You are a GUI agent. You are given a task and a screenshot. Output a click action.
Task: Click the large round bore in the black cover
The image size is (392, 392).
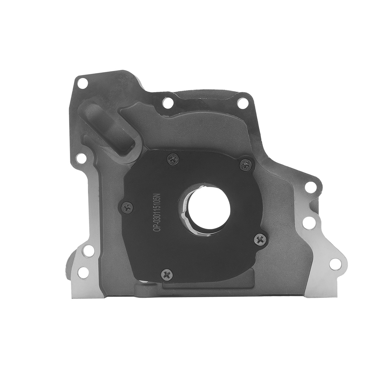point(209,207)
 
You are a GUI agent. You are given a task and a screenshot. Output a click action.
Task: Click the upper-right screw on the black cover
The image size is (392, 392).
point(246,164)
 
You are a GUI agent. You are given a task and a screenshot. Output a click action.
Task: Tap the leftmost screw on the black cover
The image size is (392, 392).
point(127,208)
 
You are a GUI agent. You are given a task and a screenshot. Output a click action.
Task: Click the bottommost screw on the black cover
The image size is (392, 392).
point(167,275)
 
